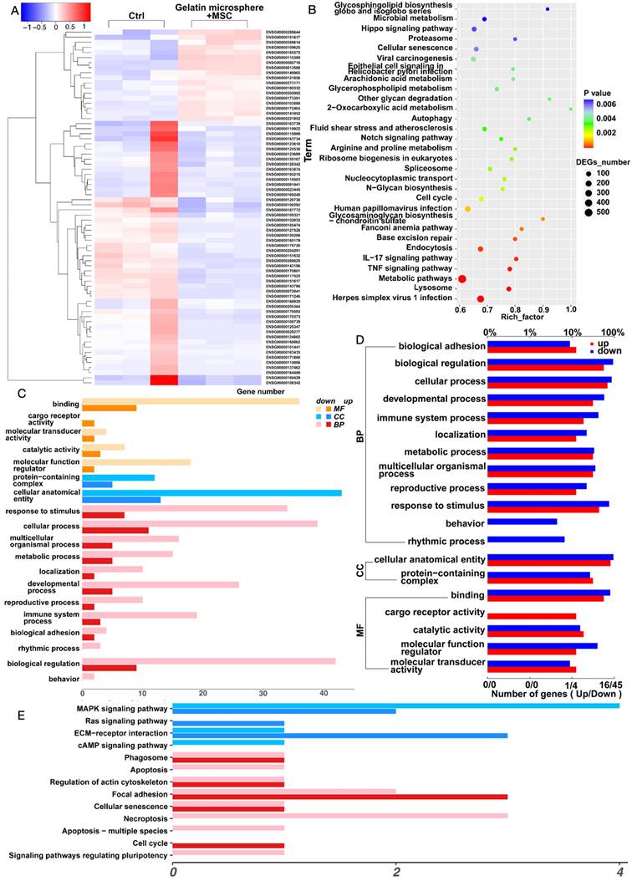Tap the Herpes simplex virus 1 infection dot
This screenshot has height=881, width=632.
[481, 298]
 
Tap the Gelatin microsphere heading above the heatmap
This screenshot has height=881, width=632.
[222, 7]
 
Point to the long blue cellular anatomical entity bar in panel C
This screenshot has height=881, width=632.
[212, 492]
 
